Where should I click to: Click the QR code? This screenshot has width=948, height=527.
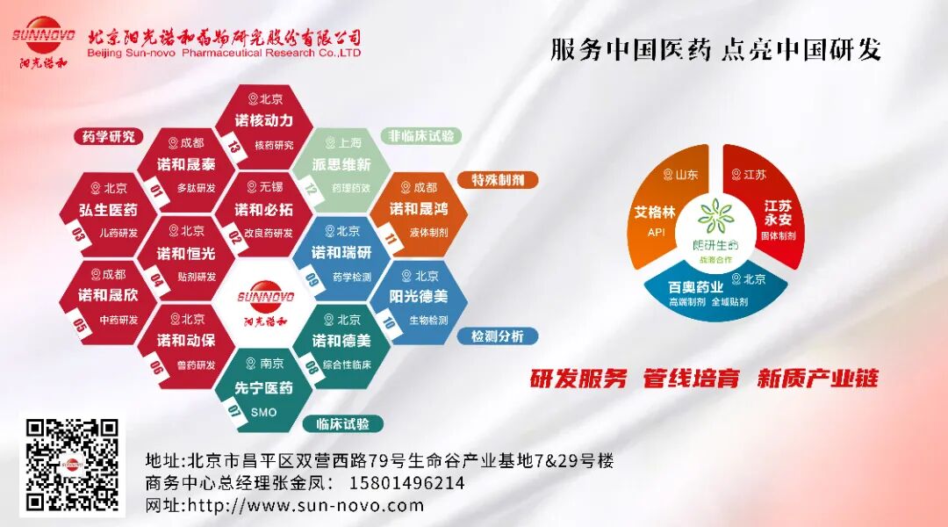(72, 466)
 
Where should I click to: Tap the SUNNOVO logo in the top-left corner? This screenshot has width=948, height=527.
(45, 40)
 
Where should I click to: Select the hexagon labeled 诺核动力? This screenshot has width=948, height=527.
(263, 124)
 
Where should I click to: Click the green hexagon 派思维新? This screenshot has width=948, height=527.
(338, 167)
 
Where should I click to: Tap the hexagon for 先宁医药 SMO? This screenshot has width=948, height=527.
(263, 387)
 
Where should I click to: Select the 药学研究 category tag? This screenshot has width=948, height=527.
(109, 136)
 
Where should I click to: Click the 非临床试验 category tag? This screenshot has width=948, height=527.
(420, 136)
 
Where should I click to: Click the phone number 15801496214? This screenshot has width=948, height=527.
(407, 483)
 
